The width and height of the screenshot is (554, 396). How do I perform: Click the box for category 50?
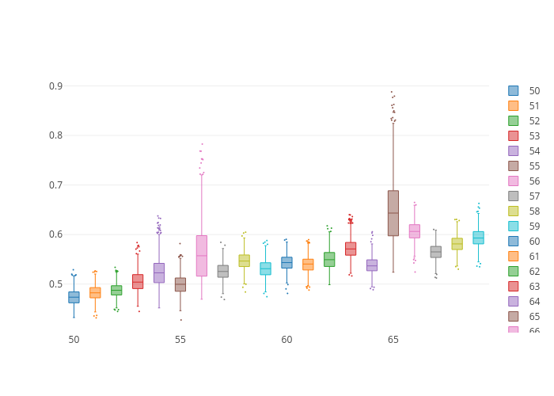point(74,297)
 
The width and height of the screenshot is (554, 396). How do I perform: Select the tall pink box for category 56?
point(202,255)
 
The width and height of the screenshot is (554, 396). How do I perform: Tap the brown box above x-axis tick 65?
point(393,213)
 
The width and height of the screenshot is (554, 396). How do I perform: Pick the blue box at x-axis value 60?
point(286,262)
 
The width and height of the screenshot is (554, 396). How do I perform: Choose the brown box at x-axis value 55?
point(180,284)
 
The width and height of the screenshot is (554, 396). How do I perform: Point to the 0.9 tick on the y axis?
point(55,86)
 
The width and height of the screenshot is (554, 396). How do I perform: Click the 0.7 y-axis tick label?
point(55,185)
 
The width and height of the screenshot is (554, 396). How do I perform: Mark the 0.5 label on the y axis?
point(55,284)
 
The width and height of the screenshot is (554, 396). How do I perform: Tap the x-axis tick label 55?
point(180,340)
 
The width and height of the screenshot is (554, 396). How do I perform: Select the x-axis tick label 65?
point(393,340)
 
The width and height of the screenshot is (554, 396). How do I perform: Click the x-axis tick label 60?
point(286,340)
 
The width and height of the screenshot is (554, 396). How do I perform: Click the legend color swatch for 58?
point(514,211)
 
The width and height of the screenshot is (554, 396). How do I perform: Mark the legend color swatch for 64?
point(514,302)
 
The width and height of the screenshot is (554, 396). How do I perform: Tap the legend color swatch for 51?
point(514,106)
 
